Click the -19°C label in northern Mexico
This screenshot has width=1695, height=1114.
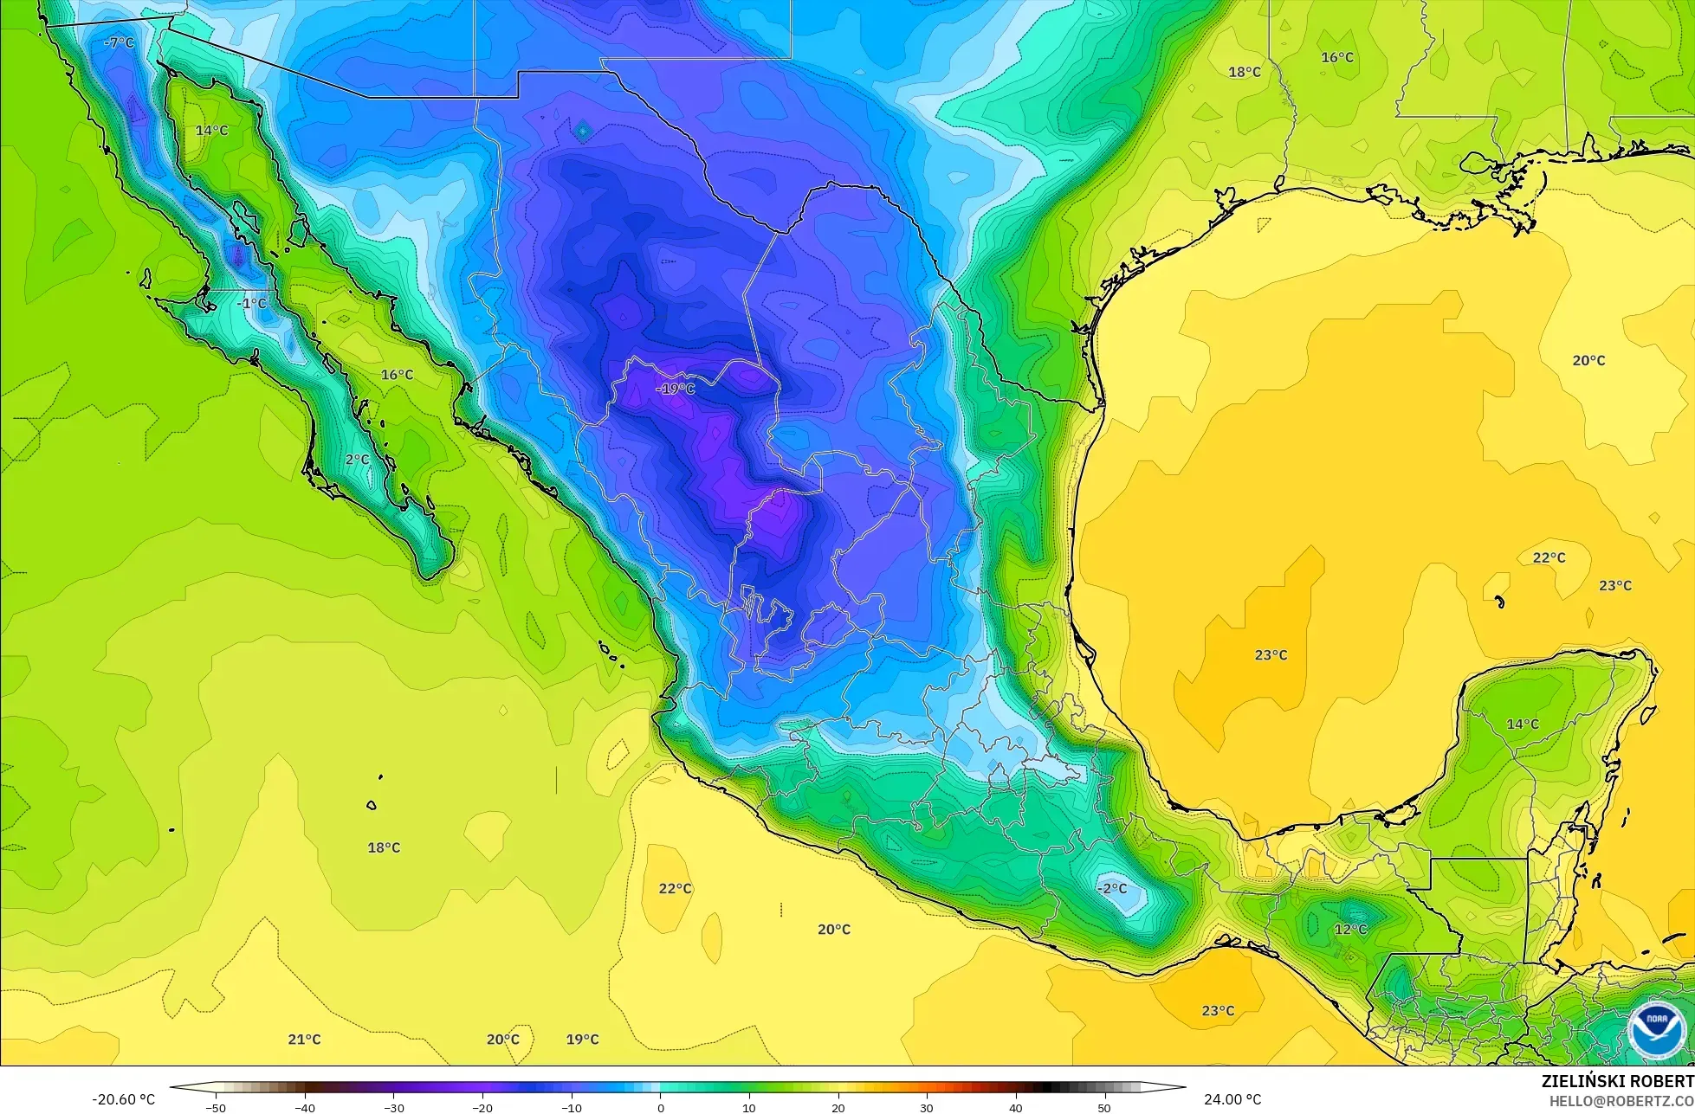[676, 389]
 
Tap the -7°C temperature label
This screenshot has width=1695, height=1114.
[119, 42]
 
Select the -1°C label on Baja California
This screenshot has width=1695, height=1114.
[252, 304]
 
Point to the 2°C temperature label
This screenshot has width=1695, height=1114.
[357, 460]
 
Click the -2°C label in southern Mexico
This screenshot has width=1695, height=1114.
[1112, 889]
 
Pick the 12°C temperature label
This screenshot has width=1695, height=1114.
[1350, 930]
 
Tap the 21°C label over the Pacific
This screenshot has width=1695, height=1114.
[304, 1040]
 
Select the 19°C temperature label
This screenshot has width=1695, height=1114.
[582, 1040]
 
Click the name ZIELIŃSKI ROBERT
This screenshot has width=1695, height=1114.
[1617, 1081]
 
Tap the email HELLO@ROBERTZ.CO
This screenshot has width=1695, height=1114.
[1621, 1101]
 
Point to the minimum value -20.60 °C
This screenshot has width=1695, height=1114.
[123, 1100]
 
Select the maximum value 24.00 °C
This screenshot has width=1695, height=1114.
[1232, 1100]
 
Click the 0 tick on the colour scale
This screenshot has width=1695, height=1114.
[660, 1108]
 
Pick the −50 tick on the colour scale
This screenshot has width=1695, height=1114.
[215, 1108]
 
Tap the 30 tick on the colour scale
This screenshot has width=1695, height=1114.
[927, 1108]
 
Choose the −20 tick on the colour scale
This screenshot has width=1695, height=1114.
[482, 1108]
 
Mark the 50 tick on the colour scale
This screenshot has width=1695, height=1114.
[1104, 1108]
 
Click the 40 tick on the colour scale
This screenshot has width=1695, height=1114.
[1016, 1108]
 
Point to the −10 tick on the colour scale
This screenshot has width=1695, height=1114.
[571, 1108]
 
